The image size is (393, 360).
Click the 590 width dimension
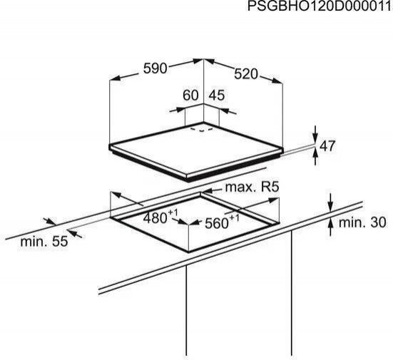click(x=155, y=68)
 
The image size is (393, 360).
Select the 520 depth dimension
click(x=246, y=74)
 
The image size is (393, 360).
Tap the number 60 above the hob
click(x=190, y=96)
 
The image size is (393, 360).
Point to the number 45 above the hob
click(x=217, y=96)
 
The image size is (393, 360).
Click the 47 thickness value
click(x=327, y=146)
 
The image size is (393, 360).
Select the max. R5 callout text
click(x=252, y=187)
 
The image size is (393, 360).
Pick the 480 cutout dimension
click(x=160, y=217)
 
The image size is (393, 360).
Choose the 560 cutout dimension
click(x=222, y=222)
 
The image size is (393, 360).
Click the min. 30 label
click(x=362, y=222)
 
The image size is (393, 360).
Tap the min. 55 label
click(x=44, y=242)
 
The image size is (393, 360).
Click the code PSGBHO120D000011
click(x=320, y=6)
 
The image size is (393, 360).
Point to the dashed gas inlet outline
click(x=202, y=129)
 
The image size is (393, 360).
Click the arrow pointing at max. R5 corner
click(x=211, y=192)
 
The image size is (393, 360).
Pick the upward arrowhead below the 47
click(x=315, y=157)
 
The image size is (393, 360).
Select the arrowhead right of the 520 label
click(x=277, y=81)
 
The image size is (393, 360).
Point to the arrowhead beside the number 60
click(x=180, y=110)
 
